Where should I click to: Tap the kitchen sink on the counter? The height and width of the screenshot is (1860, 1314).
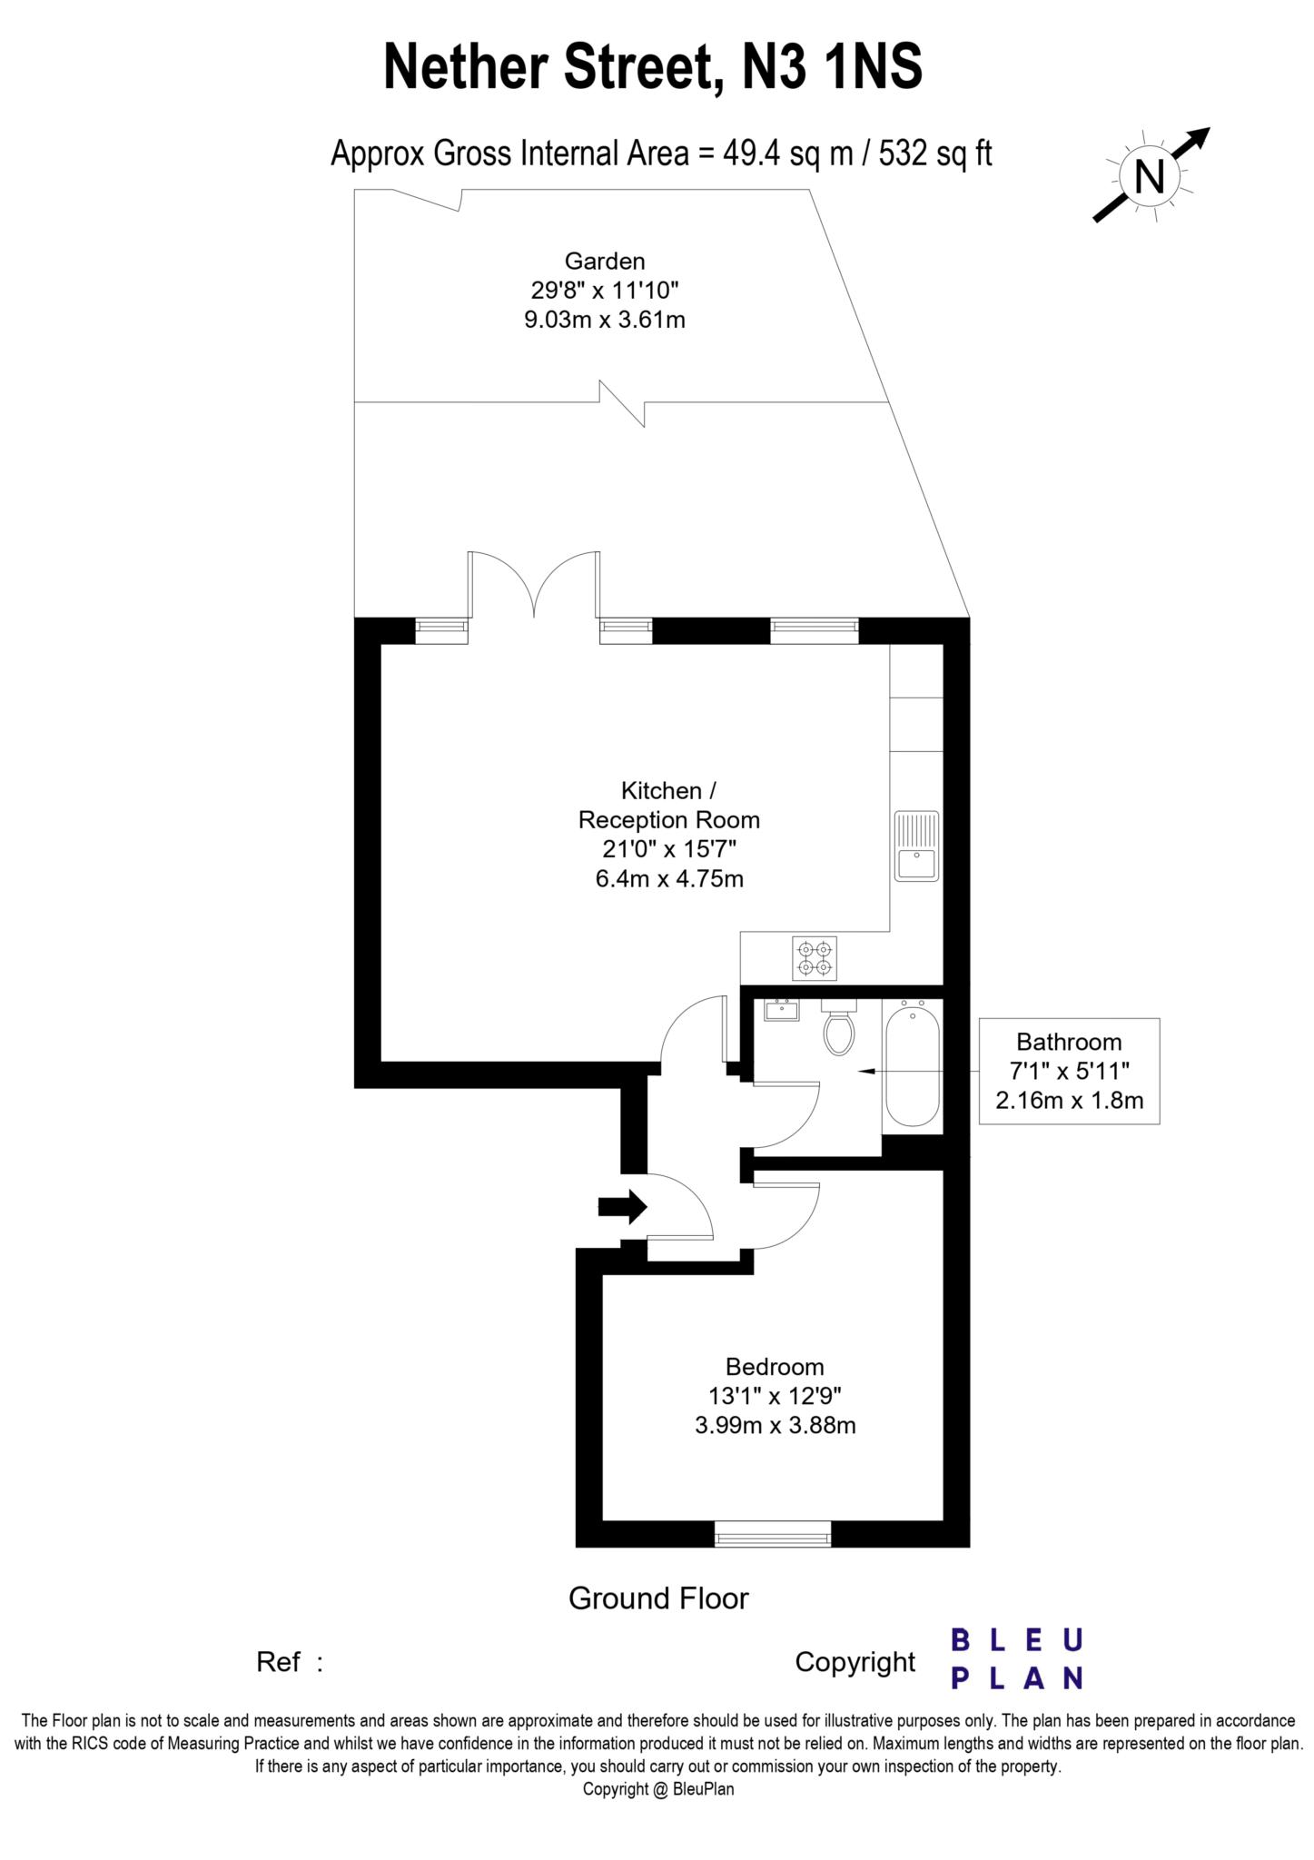(x=916, y=846)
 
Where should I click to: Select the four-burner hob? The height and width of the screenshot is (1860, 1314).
(x=814, y=958)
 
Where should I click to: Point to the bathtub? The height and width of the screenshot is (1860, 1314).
(x=913, y=1064)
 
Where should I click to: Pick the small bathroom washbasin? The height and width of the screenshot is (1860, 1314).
(x=781, y=1010)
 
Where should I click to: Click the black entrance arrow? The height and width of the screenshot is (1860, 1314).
(x=622, y=1207)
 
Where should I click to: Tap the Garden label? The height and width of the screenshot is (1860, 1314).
(x=605, y=262)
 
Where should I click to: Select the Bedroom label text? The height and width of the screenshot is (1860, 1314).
(x=775, y=1366)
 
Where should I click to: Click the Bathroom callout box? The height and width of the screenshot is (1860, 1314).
(x=1069, y=1071)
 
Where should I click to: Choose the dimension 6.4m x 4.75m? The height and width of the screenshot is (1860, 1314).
(x=669, y=878)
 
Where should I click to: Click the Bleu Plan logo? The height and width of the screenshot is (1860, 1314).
(x=1016, y=1658)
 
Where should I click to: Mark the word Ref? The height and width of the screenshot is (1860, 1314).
(x=278, y=1662)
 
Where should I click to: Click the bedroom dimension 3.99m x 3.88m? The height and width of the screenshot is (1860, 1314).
(x=775, y=1425)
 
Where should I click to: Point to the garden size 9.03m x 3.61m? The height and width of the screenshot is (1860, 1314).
(x=605, y=320)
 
